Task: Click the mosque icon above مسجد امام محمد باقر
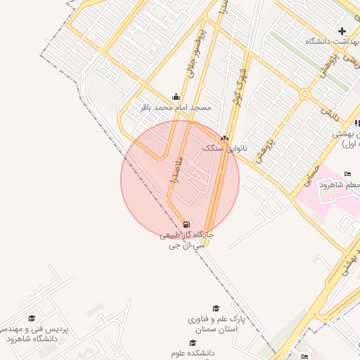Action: (176, 96)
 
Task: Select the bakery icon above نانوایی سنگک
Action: (224, 138)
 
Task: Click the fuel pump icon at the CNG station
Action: (186, 224)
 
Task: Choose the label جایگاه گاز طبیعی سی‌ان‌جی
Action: (186, 239)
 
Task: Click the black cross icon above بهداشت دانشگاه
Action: (342, 31)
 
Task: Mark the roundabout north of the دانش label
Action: (304, 94)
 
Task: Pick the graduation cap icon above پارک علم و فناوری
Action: (216, 308)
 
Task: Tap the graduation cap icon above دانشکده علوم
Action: (192, 342)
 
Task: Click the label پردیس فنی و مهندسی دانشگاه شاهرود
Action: (32, 333)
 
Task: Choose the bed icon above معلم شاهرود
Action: (347, 174)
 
